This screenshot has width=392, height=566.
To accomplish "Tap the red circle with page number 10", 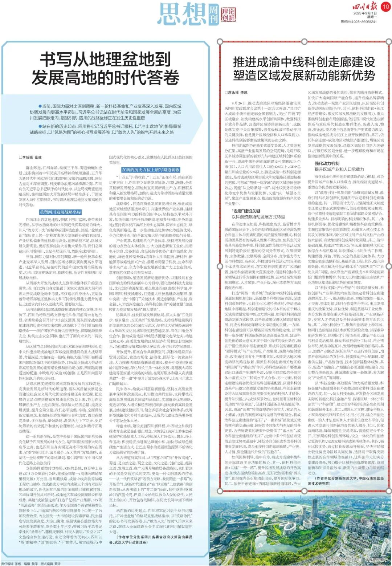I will point(385,6).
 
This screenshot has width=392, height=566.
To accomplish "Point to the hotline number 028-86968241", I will point(364,22).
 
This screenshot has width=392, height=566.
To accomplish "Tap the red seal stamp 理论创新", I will point(228,15).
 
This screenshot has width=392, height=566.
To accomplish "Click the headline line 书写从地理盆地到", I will point(105,59).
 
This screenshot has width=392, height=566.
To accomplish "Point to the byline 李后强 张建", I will point(30,157).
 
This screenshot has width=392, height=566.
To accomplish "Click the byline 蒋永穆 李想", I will point(236,93).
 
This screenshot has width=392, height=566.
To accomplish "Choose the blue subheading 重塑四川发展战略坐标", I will point(61,212).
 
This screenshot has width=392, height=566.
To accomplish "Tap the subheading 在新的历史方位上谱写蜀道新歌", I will point(151,170).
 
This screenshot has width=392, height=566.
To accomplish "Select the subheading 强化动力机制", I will point(327,164).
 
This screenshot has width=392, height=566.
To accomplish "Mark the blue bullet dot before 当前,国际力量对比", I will point(40,106).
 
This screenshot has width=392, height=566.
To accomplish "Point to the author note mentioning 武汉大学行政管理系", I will point(151,539).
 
